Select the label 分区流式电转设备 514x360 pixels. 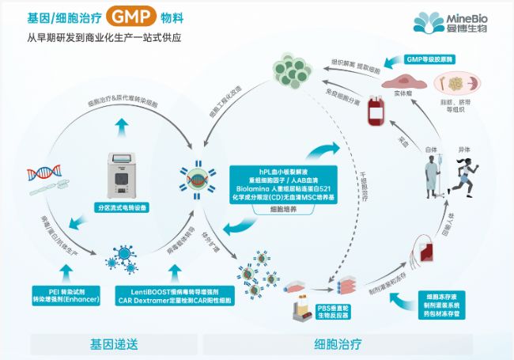click(122, 207)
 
